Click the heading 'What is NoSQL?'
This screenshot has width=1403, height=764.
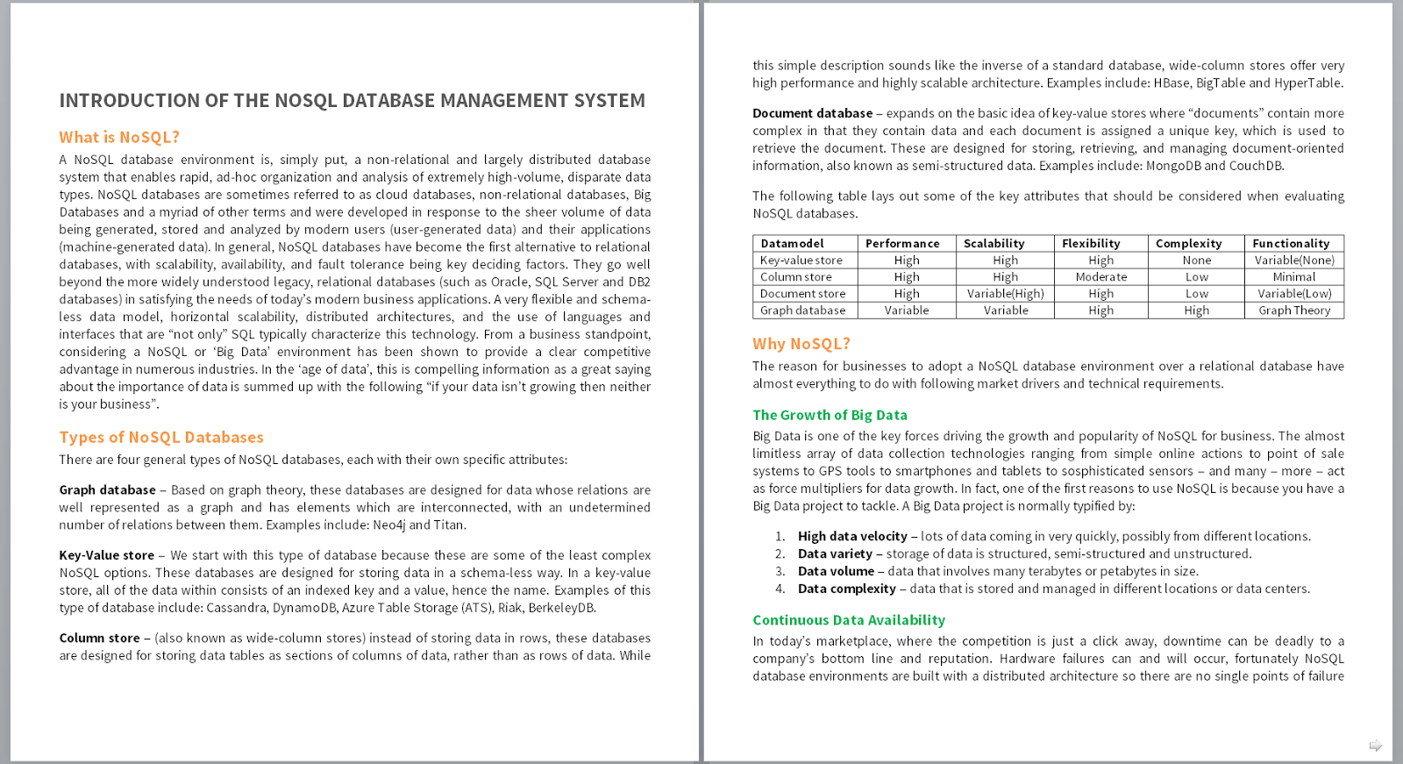pos(119,138)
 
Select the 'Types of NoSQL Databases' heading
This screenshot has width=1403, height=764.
pos(161,438)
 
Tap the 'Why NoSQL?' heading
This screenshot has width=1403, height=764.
pos(801,344)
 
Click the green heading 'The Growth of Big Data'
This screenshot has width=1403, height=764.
pos(830,416)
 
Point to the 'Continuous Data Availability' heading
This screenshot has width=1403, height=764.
pos(848,620)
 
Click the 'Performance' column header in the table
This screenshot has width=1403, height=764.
pos(901,244)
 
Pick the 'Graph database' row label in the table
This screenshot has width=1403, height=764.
pos(802,311)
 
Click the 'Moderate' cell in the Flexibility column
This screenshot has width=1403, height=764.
pos(1100,277)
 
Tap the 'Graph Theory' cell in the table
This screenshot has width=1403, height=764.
pos(1293,311)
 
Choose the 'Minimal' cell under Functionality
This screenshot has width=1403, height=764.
pos(1293,277)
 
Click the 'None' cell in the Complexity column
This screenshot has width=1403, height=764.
pos(1196,261)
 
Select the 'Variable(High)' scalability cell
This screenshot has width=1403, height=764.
pos(1005,294)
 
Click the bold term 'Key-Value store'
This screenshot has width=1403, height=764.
pos(106,555)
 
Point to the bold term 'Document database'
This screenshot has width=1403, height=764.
pos(812,113)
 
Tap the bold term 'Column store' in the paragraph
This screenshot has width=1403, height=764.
pos(99,639)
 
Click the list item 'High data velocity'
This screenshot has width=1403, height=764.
pos(852,537)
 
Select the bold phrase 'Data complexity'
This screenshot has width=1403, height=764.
pos(846,589)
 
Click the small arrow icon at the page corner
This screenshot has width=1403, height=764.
pos(1375,746)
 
